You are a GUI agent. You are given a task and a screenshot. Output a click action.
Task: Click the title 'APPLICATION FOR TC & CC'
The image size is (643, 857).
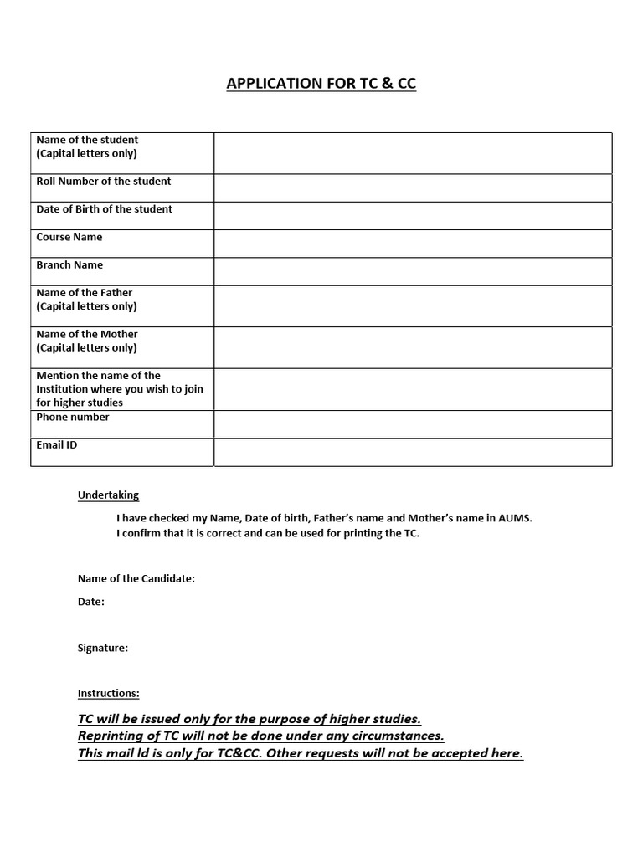[x=321, y=83]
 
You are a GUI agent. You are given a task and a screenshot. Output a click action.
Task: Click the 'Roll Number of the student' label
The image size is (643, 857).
[x=104, y=182]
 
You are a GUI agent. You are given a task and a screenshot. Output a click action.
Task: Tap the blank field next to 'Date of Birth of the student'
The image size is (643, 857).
[x=413, y=216]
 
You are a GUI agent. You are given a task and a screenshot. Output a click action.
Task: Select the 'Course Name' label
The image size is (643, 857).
[x=69, y=238]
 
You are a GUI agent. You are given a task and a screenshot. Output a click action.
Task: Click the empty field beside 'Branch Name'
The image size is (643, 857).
[x=413, y=271]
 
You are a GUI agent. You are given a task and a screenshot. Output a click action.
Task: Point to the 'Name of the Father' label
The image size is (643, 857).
[x=85, y=293]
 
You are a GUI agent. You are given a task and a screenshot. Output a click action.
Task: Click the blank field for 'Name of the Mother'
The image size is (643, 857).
[x=413, y=347]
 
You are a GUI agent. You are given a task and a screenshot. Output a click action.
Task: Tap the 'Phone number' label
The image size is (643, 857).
[x=73, y=418]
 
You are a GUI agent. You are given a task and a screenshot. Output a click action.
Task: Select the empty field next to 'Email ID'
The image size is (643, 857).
[x=413, y=452]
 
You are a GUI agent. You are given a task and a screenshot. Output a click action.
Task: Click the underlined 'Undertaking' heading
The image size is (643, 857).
[x=108, y=495]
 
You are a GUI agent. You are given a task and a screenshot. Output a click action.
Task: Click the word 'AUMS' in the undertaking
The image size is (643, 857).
[x=515, y=519]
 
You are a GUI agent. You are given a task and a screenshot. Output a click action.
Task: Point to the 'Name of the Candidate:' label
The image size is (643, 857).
[x=136, y=579]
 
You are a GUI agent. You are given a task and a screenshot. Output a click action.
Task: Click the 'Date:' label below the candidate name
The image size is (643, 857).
[x=91, y=602]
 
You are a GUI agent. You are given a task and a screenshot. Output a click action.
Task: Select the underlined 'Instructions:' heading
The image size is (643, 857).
[x=109, y=694]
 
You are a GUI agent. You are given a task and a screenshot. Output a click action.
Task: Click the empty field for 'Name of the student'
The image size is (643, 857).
[x=413, y=153]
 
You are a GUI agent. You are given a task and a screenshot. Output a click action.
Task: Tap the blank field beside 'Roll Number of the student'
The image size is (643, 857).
[x=413, y=188]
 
